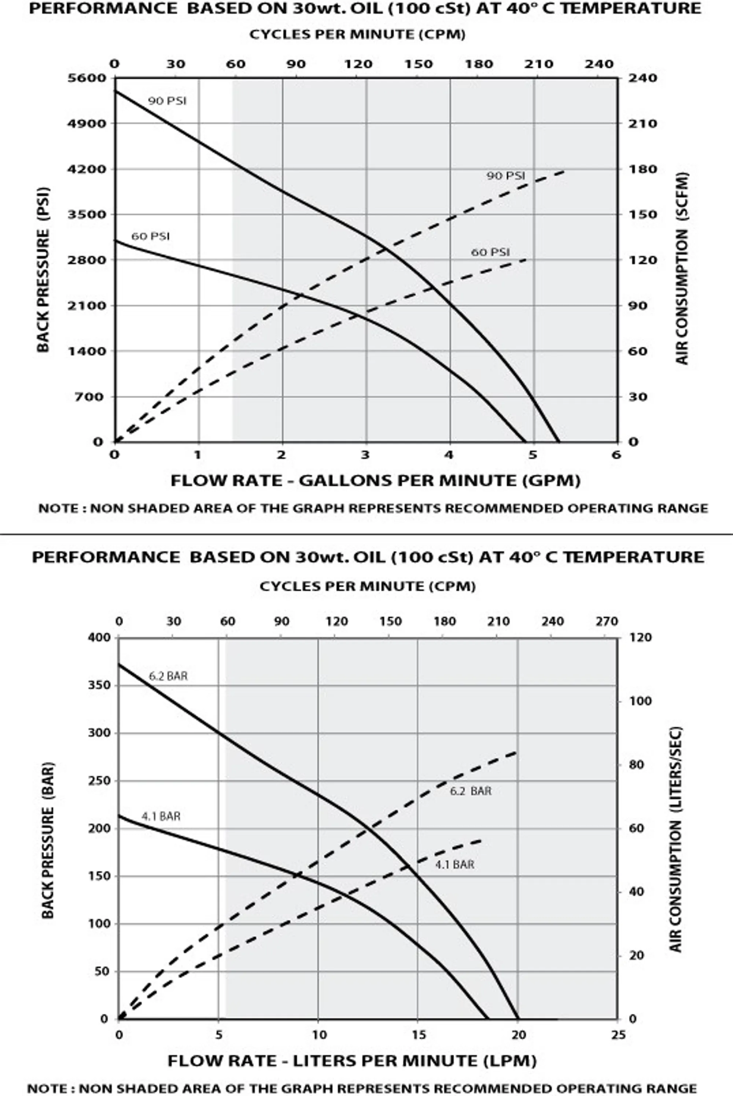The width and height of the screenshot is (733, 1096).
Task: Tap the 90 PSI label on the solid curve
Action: (x=167, y=101)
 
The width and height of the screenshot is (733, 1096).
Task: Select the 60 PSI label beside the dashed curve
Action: (x=490, y=252)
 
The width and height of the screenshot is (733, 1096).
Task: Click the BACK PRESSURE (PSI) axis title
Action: (x=43, y=270)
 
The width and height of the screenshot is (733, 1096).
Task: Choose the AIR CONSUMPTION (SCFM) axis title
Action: (x=682, y=268)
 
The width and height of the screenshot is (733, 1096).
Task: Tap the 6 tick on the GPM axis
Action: (x=616, y=455)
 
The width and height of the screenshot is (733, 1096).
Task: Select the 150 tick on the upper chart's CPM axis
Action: (x=419, y=64)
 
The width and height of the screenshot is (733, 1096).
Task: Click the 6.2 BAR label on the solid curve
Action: (x=168, y=676)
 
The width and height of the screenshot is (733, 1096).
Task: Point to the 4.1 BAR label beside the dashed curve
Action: (x=455, y=865)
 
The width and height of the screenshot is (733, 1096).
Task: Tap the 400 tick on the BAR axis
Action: (x=100, y=638)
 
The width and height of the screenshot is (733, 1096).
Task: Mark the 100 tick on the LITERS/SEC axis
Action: (x=640, y=701)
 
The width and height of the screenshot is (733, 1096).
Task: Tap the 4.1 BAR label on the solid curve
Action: (x=161, y=816)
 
